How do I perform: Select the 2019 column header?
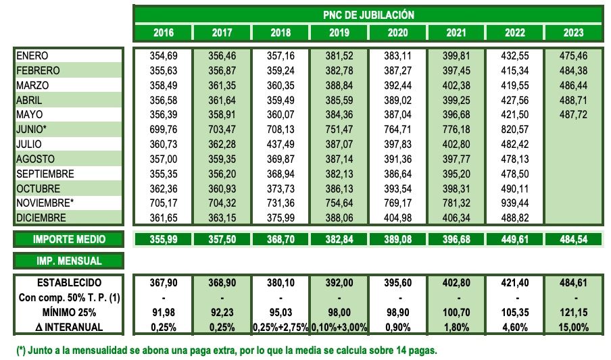pos(339,33)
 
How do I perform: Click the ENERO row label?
pos(32,55)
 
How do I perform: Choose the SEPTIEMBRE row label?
pos(46,174)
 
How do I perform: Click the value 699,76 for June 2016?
pos(163,130)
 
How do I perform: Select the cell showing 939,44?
pos(516,203)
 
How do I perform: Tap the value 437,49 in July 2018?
pos(280,145)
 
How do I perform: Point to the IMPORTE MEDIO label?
pos(69,239)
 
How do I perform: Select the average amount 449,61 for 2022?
pos(516,239)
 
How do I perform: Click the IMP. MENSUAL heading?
pos(69,261)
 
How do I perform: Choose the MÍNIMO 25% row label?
pos(69,313)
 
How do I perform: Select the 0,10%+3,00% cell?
pos(339,328)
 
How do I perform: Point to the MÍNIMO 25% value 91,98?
pos(163,313)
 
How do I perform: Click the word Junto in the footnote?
pos(44,351)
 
